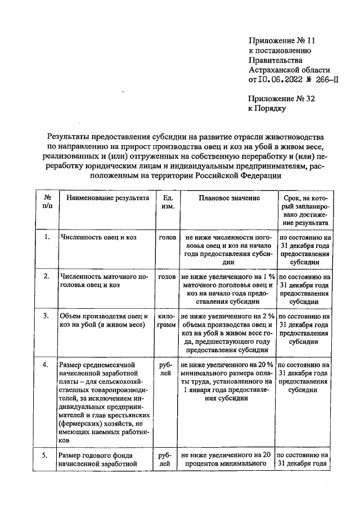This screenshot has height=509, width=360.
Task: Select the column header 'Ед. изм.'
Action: [166, 203]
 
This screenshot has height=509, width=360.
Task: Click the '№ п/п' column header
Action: [48, 203]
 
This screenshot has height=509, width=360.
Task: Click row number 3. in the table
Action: [48, 316]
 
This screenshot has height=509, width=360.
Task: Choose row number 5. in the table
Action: [48, 454]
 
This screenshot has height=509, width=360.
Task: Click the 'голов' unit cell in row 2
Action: [166, 277]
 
